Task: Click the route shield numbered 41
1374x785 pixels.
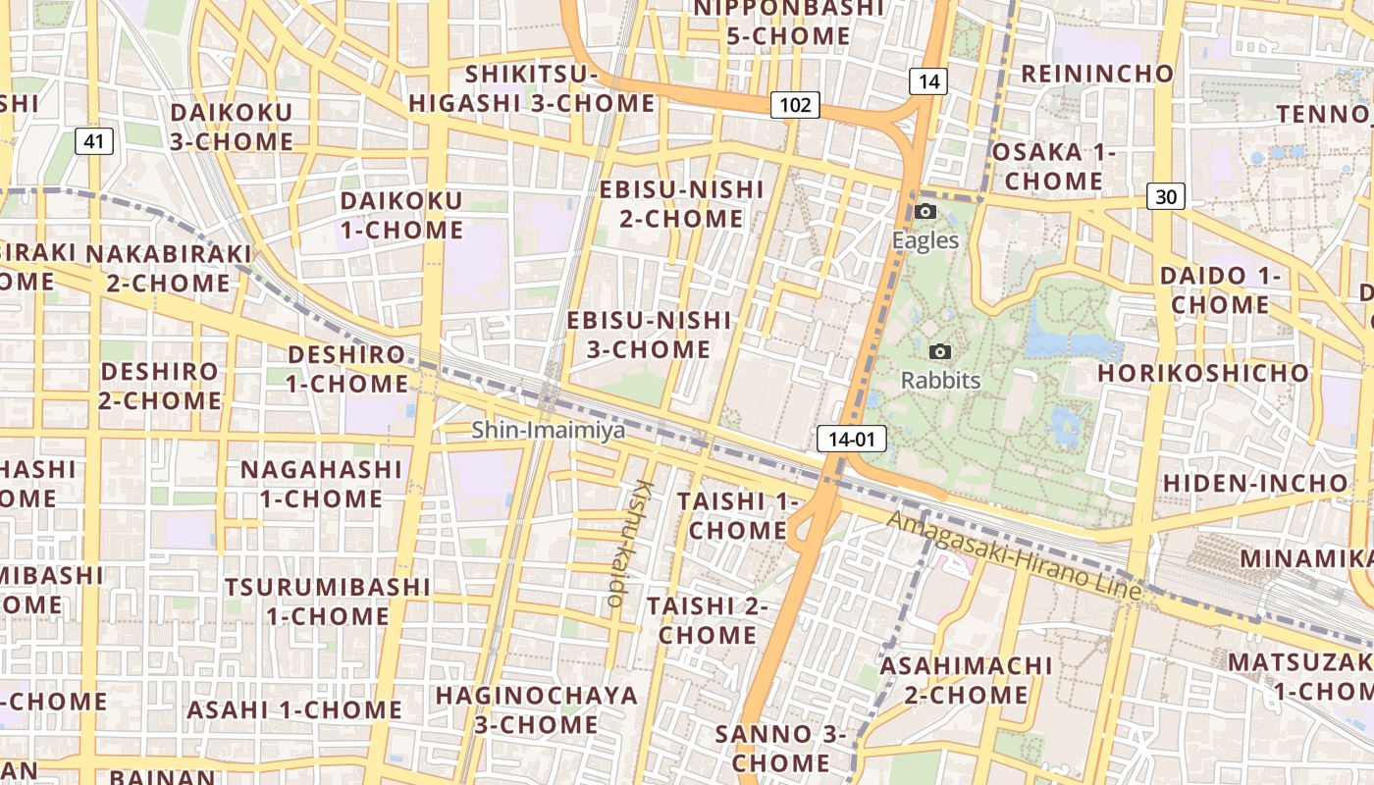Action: pos(93,141)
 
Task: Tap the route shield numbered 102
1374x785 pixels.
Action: pos(794,105)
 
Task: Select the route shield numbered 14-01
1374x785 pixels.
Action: pos(851,439)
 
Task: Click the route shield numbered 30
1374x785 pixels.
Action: pos(1165,197)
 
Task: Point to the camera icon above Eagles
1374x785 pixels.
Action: pos(925,211)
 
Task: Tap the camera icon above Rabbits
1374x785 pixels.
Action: pos(940,351)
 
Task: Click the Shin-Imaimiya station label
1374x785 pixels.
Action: pos(548,430)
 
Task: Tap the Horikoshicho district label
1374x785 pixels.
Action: pos(1202,374)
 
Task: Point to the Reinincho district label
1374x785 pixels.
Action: pos(1097,74)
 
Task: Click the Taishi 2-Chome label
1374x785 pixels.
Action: pos(707,620)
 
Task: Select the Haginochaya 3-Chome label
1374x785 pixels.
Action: pos(536,710)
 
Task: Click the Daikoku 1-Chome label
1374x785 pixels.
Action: pos(400,216)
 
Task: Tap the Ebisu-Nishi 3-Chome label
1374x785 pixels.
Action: pos(649,335)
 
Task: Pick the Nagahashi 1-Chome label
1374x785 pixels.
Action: pos(321,484)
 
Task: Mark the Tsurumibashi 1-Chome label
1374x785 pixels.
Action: pos(327,602)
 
